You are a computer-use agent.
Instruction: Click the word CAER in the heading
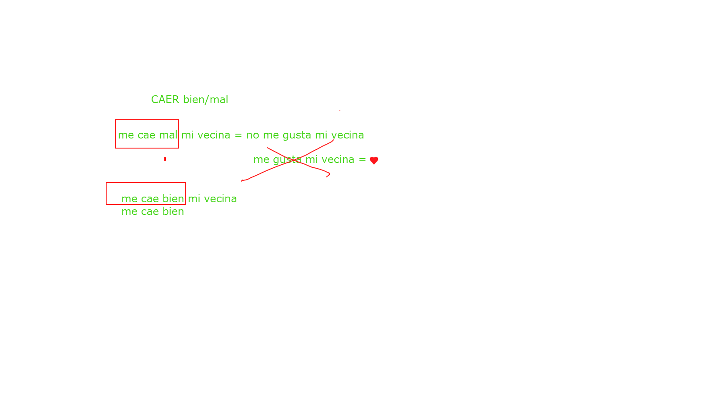tap(165, 100)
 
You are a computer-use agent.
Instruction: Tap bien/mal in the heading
tap(206, 100)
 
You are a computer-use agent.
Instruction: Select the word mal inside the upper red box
tap(168, 135)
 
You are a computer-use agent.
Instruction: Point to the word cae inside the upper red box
tap(146, 135)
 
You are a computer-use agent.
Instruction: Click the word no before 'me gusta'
tap(253, 135)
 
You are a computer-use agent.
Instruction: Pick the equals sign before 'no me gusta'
tap(238, 135)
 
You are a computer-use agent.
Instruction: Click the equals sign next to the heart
tap(362, 160)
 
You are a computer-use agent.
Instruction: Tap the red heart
tap(374, 160)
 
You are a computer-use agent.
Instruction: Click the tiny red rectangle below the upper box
tap(165, 159)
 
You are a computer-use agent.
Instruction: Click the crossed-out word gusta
tap(287, 160)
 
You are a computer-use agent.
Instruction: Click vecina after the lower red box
tap(221, 199)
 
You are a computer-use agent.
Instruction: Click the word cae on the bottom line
tap(150, 212)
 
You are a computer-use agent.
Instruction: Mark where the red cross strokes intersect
tap(293, 160)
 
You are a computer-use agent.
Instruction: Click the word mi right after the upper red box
tap(187, 135)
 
